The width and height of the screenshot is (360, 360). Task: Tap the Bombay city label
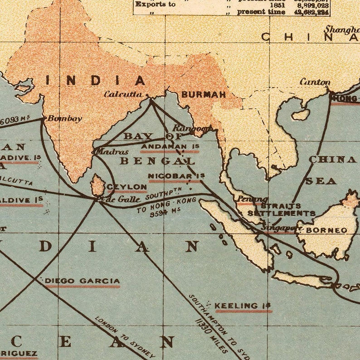pyautogui.click(x=65, y=119)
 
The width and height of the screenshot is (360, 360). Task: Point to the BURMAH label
pyautogui.click(x=204, y=95)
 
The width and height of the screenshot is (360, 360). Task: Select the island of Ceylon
pyautogui.click(x=97, y=185)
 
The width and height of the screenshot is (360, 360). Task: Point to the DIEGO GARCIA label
pyautogui.click(x=82, y=281)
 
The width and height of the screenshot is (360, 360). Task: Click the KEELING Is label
pyautogui.click(x=243, y=306)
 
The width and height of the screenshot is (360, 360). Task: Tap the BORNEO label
pyautogui.click(x=326, y=230)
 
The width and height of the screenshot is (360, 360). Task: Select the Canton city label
pyautogui.click(x=315, y=82)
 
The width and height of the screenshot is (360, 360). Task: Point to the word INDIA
pyautogui.click(x=96, y=81)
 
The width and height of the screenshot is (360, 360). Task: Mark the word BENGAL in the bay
pyautogui.click(x=157, y=161)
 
